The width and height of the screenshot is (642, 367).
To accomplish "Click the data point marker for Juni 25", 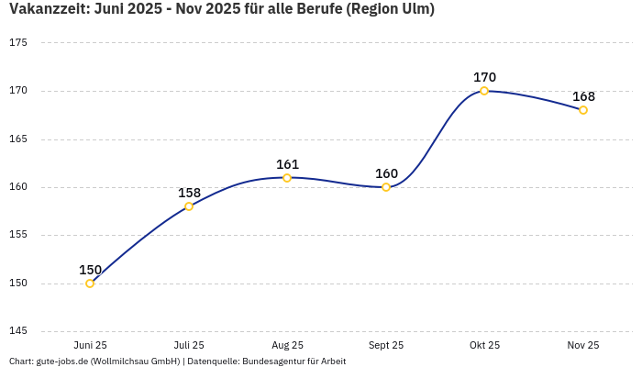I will click(90, 284).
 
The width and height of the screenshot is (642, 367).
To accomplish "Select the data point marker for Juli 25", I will click(189, 206).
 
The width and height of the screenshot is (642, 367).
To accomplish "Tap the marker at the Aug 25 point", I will click(287, 178).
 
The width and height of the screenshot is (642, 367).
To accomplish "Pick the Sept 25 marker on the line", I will click(386, 187).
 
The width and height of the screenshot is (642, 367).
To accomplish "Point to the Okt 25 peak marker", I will click(484, 91).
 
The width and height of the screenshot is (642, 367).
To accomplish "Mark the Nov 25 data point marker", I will click(583, 110).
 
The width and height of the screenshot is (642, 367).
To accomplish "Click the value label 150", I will click(90, 270).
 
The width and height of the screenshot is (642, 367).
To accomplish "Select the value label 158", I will click(189, 193).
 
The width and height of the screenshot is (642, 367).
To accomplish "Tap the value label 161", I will click(287, 164).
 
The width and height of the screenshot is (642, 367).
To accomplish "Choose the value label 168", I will click(583, 96).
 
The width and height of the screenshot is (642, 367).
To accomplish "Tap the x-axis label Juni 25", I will click(90, 345).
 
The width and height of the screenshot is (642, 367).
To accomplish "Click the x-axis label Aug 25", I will click(287, 345).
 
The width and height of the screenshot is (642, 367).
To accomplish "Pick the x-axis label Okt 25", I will click(484, 345).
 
